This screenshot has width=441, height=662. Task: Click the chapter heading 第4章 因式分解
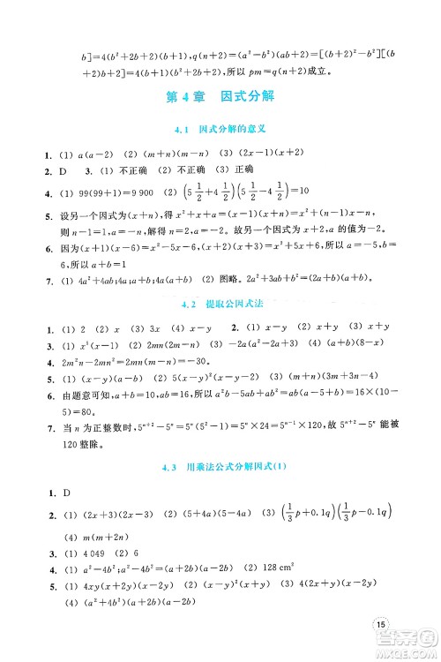click(220, 96)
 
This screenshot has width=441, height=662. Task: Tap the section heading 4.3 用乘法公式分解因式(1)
click(220, 467)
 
